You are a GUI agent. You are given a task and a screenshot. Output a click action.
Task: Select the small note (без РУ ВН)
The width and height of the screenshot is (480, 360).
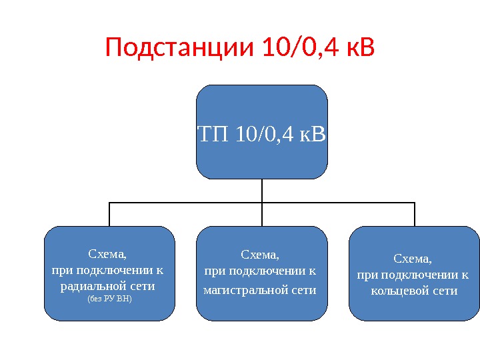[110, 299]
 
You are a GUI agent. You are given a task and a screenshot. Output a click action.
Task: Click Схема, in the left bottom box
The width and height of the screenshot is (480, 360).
[107, 254]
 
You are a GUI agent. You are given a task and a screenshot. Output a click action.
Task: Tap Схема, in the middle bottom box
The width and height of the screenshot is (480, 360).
[260, 254]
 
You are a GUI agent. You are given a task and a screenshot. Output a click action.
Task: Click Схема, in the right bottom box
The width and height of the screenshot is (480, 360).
[413, 258]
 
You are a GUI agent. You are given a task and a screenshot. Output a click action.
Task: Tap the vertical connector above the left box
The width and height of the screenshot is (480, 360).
[109, 214]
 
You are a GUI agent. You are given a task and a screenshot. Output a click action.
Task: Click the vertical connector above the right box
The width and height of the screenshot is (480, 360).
[415, 214]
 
